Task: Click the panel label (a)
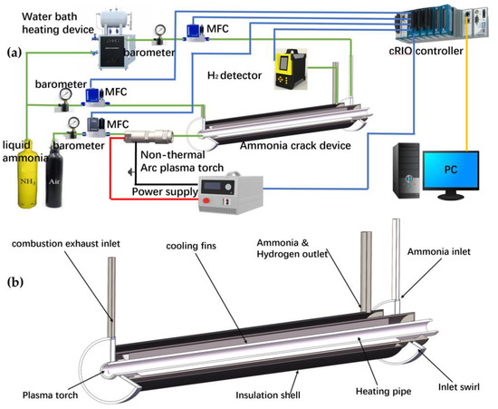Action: click(x=13, y=52)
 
